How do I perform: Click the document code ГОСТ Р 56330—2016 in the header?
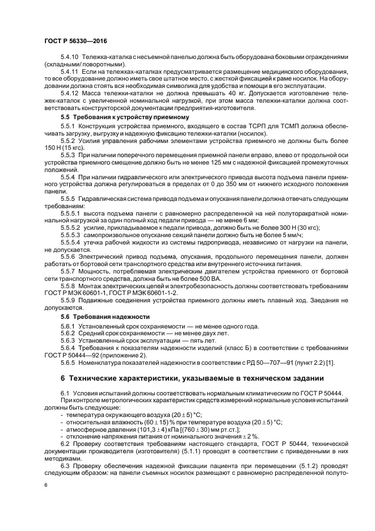(x=75, y=42)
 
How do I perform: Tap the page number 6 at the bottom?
(x=46, y=485)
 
